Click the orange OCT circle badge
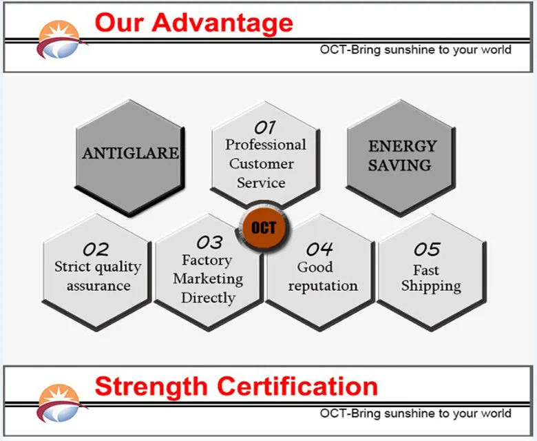pyautogui.click(x=264, y=227)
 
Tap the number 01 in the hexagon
pyautogui.click(x=265, y=127)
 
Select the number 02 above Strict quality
pyautogui.click(x=96, y=249)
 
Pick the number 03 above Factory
pyautogui.click(x=209, y=243)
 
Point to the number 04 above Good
pyautogui.click(x=319, y=249)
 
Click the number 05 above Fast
pyautogui.click(x=427, y=249)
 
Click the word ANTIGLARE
pyautogui.click(x=131, y=153)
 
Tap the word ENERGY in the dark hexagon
pyautogui.click(x=403, y=146)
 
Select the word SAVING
pyautogui.click(x=400, y=165)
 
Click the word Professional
pyautogui.click(x=266, y=145)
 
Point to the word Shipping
pyautogui.click(x=431, y=287)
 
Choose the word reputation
pyautogui.click(x=323, y=287)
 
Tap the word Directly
pyautogui.click(x=208, y=298)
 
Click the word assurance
pyautogui.click(x=98, y=286)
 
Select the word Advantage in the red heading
pyautogui.click(x=222, y=23)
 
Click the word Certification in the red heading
pyautogui.click(x=297, y=387)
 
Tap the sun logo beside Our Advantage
pyautogui.click(x=61, y=39)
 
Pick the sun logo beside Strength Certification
pyautogui.click(x=61, y=403)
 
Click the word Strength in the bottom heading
pyautogui.click(x=151, y=387)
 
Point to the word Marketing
pyautogui.click(x=208, y=279)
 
